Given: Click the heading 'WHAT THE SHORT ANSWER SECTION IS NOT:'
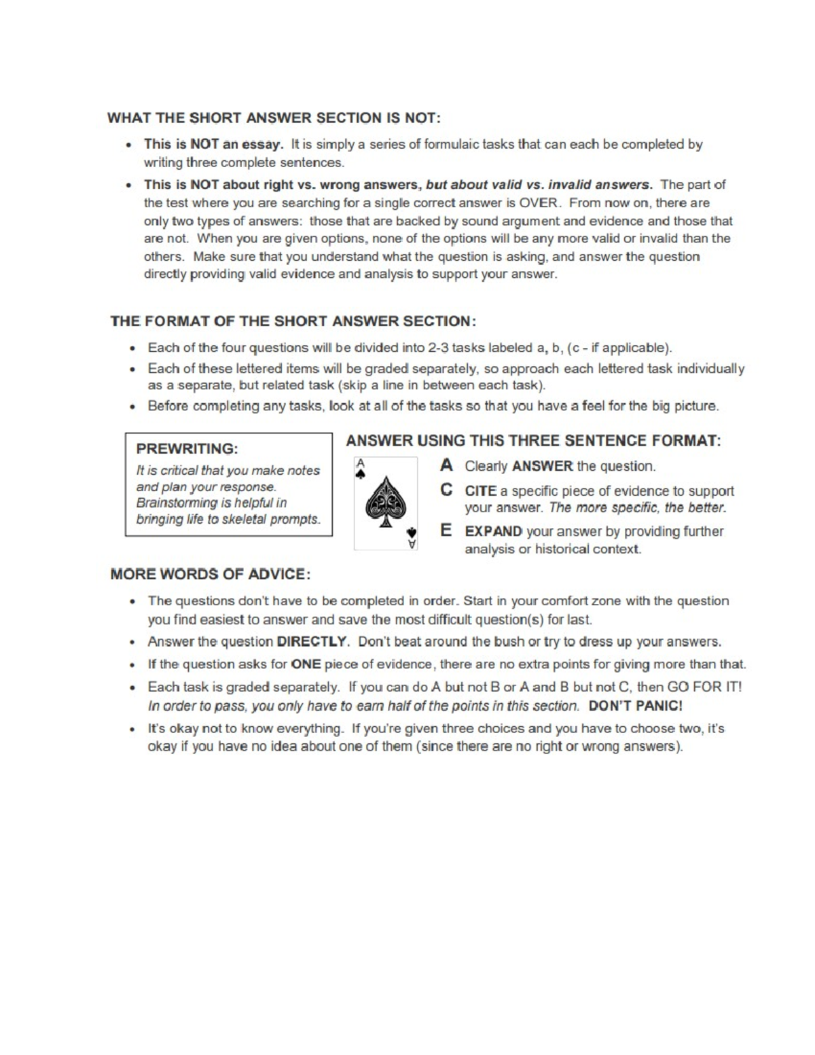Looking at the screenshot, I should coord(274,118).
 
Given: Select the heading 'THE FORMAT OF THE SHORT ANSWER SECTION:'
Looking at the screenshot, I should coord(293,321).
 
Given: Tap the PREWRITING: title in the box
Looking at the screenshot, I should coord(187,449).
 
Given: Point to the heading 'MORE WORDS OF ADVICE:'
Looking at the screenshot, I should coord(211,574).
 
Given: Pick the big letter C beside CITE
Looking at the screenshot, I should coord(446,490).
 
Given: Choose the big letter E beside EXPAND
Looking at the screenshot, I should coord(446,531).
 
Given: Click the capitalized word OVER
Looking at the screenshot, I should coord(539,202).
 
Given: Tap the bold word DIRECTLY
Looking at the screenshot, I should coord(312,641).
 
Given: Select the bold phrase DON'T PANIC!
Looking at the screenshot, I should coord(635,706).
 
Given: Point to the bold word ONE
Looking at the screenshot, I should coord(306,664).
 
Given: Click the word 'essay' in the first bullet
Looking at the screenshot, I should coord(261,144).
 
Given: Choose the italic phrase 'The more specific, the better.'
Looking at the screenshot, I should coord(638,507).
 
